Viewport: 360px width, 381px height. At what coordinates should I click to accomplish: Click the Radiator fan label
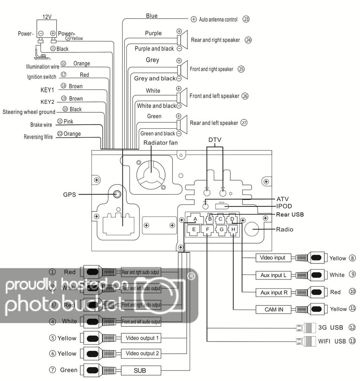(160, 143)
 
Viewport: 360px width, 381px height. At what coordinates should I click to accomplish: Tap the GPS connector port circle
(117, 194)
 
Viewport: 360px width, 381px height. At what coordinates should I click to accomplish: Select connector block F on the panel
(207, 230)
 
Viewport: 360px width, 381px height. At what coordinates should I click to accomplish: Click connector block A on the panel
(195, 219)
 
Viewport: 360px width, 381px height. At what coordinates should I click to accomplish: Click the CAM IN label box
(274, 309)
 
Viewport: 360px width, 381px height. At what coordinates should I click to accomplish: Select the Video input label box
(273, 258)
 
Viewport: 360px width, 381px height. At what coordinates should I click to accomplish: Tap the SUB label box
(141, 370)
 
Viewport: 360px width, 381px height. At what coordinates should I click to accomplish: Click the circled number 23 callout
(246, 19)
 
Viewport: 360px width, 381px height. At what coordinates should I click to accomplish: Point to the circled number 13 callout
(353, 341)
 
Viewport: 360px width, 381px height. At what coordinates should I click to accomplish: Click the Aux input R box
(274, 292)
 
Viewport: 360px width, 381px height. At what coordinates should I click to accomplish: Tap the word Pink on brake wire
(68, 121)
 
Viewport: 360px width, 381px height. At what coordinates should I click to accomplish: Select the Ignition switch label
(42, 77)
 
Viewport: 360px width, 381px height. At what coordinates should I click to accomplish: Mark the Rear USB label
(290, 214)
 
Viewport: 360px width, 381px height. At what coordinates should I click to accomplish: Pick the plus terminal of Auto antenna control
(193, 19)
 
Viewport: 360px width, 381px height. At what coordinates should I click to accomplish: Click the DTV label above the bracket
(215, 140)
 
